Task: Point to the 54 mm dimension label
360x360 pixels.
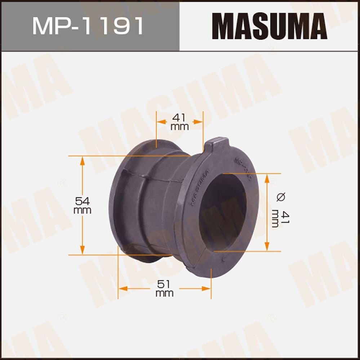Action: (x=82, y=205)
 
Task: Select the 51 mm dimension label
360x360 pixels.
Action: (x=164, y=288)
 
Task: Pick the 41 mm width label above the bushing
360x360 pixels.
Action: (x=179, y=122)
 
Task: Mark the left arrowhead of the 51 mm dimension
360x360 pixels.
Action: (x=123, y=288)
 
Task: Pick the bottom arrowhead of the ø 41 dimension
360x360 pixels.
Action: (x=267, y=247)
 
